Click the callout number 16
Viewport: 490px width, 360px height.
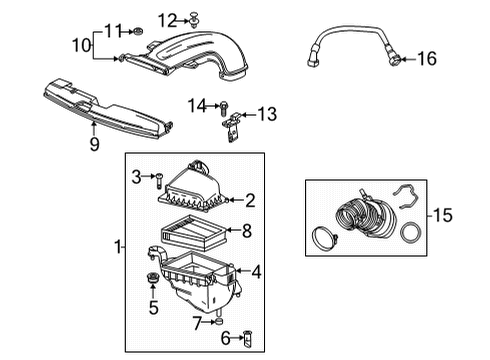click(427, 59)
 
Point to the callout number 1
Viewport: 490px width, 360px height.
click(117, 247)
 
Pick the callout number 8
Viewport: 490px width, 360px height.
click(247, 233)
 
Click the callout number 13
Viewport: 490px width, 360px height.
click(266, 115)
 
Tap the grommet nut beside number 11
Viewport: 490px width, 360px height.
click(138, 31)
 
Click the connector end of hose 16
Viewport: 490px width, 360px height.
click(398, 61)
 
